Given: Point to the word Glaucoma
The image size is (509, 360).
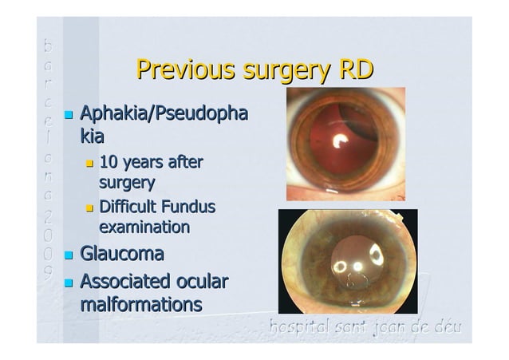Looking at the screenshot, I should (x=121, y=255).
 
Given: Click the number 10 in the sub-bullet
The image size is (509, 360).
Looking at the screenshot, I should (x=107, y=164).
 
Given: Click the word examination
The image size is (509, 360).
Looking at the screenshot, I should (x=144, y=227).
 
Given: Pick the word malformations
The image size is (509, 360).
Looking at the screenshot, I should (x=140, y=304).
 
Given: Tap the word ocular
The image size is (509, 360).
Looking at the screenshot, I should (x=203, y=283).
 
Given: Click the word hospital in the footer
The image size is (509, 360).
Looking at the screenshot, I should (x=296, y=326).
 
